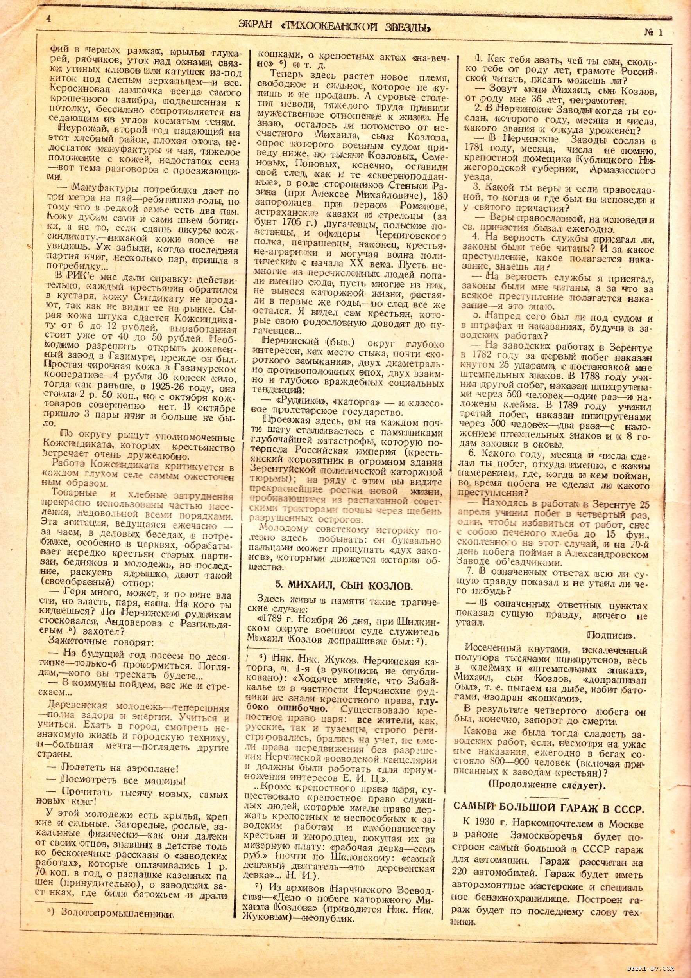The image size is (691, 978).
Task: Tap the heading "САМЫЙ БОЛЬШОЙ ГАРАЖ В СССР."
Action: tap(548, 807)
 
